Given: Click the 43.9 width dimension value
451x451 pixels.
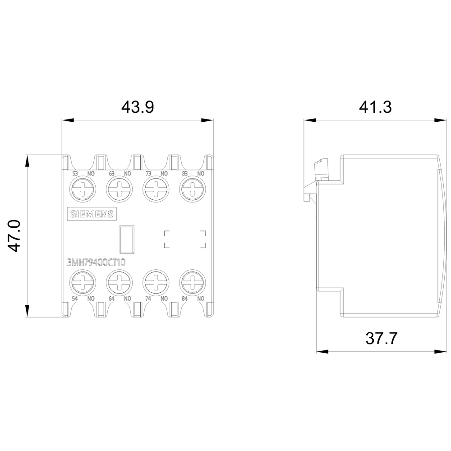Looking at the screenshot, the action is (138, 107).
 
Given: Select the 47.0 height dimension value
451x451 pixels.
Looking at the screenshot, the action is (14, 235).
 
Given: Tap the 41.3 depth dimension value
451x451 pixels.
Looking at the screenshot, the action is (375, 107).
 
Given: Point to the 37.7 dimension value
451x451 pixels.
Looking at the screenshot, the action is (382, 338).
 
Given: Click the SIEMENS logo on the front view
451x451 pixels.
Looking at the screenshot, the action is (92, 214).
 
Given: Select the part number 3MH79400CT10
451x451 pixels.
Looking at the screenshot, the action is (96, 262).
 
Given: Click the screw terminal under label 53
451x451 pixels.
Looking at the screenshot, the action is (83, 189).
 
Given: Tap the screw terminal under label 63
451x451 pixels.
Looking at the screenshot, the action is (120, 189).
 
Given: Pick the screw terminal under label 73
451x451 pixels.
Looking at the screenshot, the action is (156, 189).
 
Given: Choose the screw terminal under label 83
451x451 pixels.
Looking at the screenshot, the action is (193, 189).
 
